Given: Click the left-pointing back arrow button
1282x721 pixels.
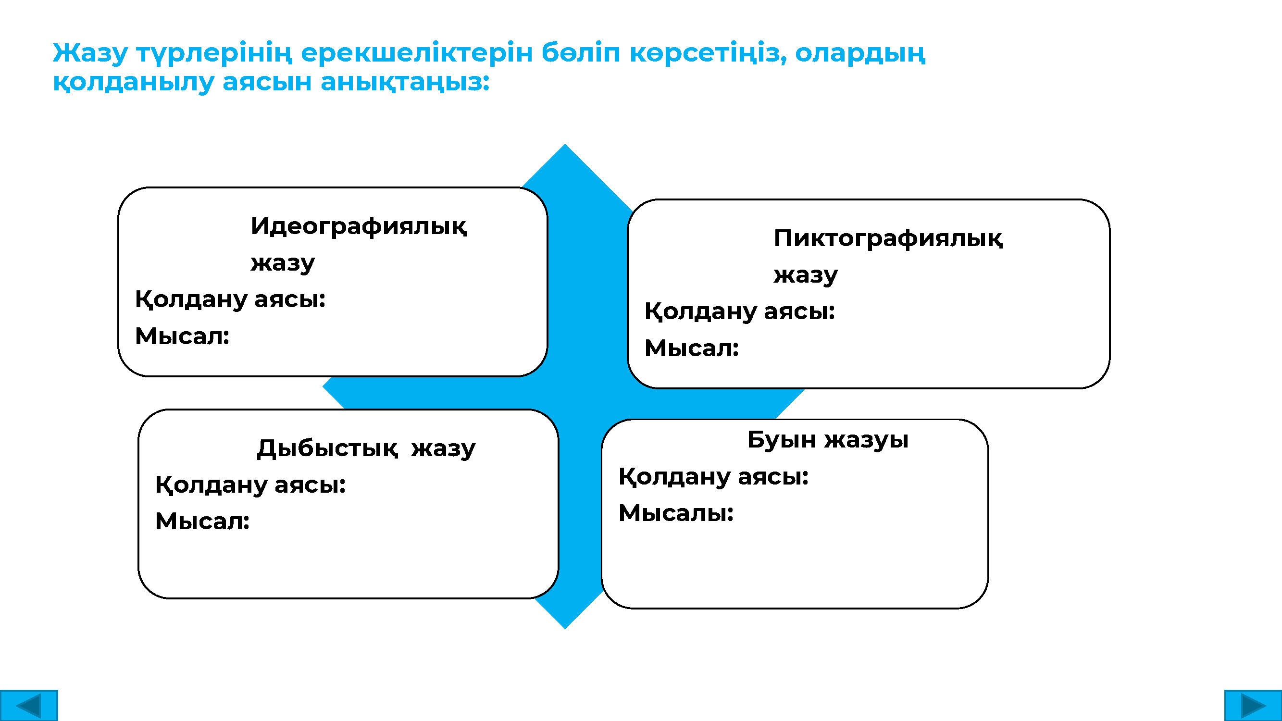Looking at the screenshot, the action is point(29,705).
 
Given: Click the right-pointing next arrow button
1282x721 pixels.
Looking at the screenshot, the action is point(1253,705).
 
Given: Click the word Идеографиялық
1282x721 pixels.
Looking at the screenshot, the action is point(359,226).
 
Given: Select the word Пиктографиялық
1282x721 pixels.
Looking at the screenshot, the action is point(888,238).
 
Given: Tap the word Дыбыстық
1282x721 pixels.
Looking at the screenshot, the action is point(327,448).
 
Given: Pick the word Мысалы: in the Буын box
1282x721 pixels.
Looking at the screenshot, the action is point(676,513).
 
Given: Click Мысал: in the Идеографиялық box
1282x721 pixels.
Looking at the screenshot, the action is point(182,336).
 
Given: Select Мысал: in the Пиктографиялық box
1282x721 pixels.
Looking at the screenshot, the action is point(692,348).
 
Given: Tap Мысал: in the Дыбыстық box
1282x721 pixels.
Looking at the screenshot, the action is point(202,522).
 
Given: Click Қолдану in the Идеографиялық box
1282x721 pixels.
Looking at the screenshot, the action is point(192,299).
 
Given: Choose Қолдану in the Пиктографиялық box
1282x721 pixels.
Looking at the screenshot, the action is point(701,311).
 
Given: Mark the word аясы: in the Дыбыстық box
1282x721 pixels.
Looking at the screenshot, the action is point(310,485).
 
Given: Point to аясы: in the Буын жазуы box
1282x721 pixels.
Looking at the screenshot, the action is point(773,477).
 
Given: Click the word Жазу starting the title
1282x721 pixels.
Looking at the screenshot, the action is point(90,53).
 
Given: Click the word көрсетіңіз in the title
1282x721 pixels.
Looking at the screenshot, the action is point(709,53).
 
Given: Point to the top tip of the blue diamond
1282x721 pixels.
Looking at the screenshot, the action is point(565,144).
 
